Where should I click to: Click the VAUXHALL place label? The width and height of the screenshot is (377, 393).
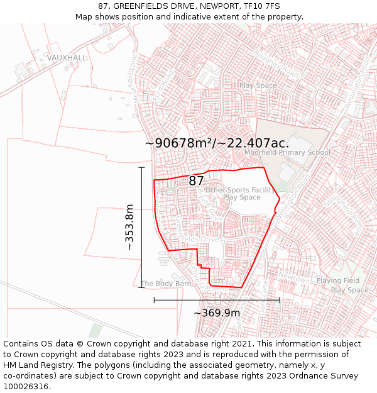[67, 57]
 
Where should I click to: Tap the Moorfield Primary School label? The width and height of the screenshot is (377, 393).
[287, 152]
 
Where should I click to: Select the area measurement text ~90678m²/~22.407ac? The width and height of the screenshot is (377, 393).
[217, 143]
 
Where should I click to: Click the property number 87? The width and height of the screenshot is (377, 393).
[196, 180]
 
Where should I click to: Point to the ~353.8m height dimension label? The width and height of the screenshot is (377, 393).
[129, 227]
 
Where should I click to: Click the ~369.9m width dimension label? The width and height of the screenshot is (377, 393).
[217, 313]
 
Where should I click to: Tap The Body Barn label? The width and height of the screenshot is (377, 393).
[166, 284]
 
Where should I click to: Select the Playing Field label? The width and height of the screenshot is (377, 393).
[337, 280]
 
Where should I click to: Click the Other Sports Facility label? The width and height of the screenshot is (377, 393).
[240, 190]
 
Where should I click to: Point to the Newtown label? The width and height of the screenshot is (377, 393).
[293, 276]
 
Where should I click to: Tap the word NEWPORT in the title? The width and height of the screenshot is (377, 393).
[210, 6]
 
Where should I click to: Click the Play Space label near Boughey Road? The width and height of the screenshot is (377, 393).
[258, 86]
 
